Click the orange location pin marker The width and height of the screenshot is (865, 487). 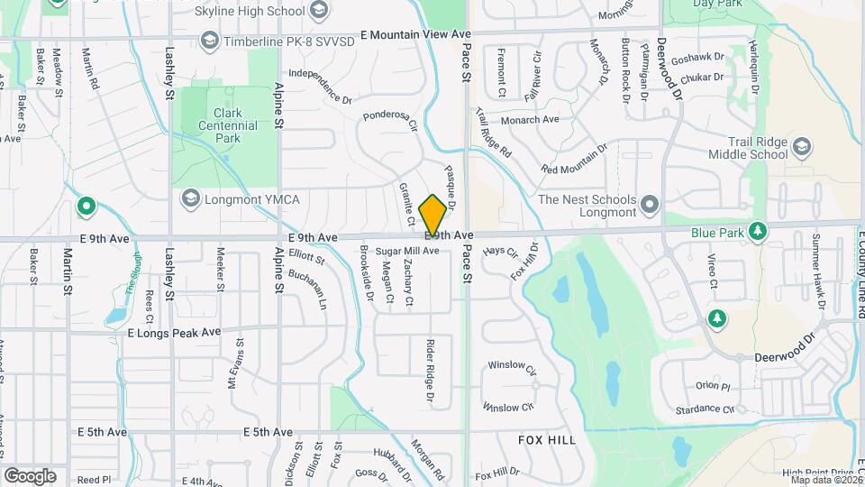click(432, 215)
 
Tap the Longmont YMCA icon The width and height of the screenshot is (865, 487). click(189, 198)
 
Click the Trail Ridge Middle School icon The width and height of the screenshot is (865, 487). click(802, 146)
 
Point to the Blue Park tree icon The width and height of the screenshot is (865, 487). click(758, 232)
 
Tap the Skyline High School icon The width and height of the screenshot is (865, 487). click(317, 10)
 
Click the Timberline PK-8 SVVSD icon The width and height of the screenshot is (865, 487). click(209, 40)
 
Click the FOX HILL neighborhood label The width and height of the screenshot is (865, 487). click(547, 439)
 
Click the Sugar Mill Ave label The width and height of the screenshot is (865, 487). click(407, 250)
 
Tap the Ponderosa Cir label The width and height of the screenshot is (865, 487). click(391, 122)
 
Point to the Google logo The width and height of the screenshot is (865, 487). click(30, 475)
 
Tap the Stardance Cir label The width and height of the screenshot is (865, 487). click(704, 409)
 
